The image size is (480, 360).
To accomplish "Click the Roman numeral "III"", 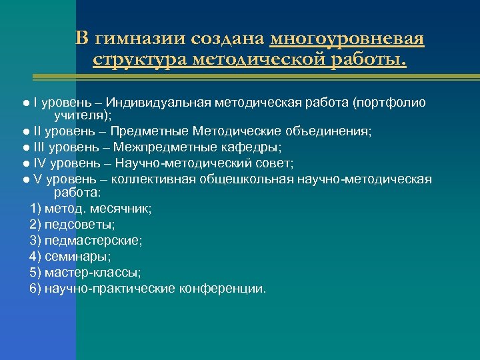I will (x=40, y=147).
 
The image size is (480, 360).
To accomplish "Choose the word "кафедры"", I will (x=250, y=147).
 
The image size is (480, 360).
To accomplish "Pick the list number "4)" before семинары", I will (x=36, y=257).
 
